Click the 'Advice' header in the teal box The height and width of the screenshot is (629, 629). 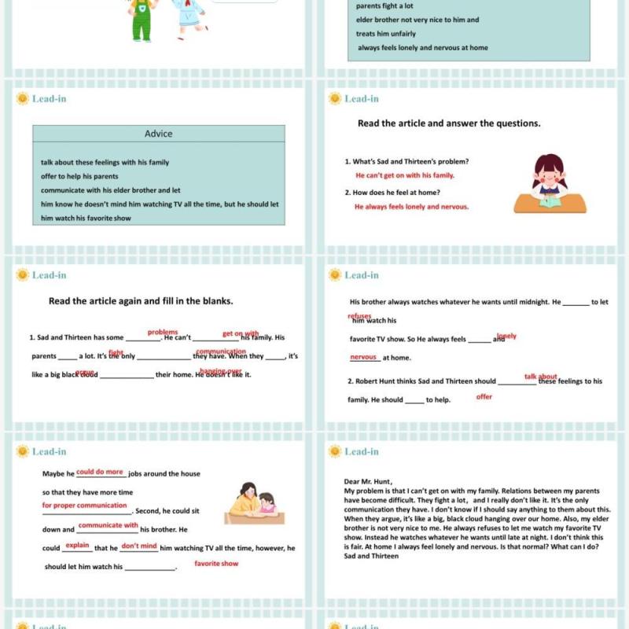[158, 134]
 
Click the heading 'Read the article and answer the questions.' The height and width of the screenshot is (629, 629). [449, 123]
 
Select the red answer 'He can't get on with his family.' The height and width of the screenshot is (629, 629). [405, 175]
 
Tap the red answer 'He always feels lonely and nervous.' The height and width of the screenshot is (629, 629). [411, 207]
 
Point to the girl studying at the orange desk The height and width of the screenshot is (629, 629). [550, 185]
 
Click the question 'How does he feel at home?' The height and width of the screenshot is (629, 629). [392, 193]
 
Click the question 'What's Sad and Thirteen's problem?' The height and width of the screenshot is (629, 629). [406, 161]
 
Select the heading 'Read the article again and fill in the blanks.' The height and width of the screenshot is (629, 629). [141, 300]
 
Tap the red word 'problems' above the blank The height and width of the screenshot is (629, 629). [163, 332]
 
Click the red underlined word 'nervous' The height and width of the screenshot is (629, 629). [363, 357]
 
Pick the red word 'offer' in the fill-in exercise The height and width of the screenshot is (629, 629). [484, 397]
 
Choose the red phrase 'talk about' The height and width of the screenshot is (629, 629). [541, 377]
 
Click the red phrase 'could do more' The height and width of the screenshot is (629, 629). [100, 472]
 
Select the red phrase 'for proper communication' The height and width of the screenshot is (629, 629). [85, 506]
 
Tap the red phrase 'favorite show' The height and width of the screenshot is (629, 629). [216, 564]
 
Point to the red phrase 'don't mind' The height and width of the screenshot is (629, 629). [139, 546]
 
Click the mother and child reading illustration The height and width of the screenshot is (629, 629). [252, 503]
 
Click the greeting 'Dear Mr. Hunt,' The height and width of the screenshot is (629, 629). [368, 482]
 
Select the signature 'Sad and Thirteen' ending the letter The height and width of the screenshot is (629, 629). [371, 556]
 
